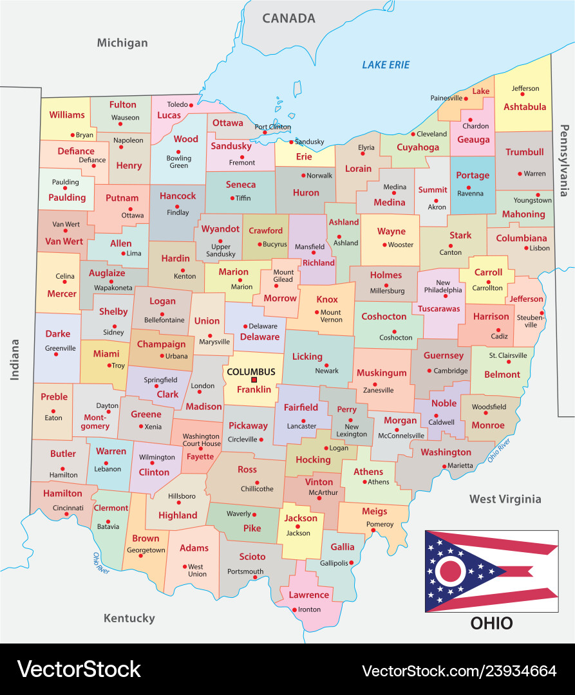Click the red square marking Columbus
tap(254, 380)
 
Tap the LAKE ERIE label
tap(386, 64)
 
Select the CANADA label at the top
tap(288, 18)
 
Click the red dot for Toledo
tap(191, 105)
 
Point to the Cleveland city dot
tap(413, 134)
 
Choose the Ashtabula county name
tap(524, 107)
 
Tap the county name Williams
tap(67, 115)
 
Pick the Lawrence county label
tap(308, 595)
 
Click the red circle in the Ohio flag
tap(451, 570)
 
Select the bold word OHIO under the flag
tap(491, 623)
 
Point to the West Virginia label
tap(505, 499)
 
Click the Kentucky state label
tap(129, 618)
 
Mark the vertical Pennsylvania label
tap(565, 161)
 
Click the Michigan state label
tap(122, 43)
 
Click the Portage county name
tap(473, 175)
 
